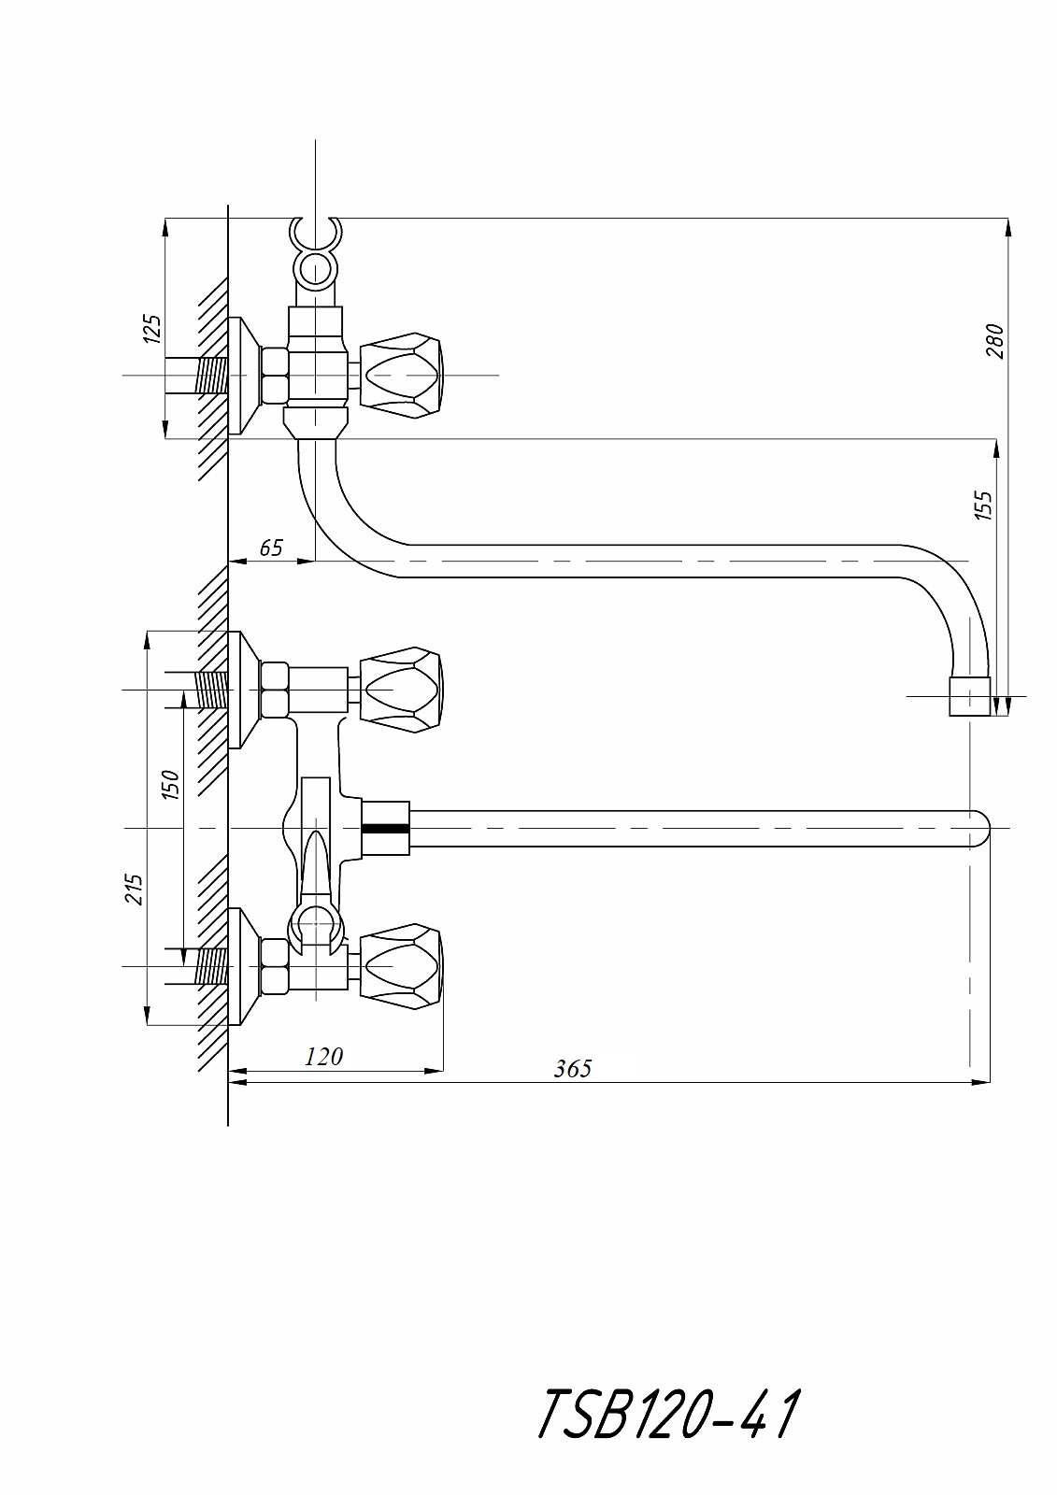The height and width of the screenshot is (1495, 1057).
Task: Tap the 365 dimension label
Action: click(x=572, y=1068)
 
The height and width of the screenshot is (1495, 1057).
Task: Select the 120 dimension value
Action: click(x=324, y=1057)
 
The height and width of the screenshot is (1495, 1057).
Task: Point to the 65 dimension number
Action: click(x=270, y=548)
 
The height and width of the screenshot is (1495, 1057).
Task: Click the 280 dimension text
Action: click(x=994, y=341)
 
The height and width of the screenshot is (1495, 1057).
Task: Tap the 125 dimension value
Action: click(x=152, y=329)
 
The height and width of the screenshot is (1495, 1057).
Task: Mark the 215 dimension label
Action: click(x=134, y=889)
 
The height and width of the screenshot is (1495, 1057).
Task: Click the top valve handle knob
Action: click(x=402, y=374)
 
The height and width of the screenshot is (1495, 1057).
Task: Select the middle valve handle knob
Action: click(x=402, y=690)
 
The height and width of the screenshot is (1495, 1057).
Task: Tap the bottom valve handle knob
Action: click(x=402, y=965)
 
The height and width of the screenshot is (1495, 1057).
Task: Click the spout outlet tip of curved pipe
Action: click(x=969, y=697)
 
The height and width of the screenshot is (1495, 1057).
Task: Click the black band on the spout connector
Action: click(x=385, y=828)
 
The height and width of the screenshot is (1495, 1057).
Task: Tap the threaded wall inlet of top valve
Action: click(x=210, y=375)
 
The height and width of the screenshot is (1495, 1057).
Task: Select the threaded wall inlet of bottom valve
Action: click(x=210, y=965)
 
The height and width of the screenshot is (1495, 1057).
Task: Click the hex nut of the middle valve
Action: click(x=274, y=690)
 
